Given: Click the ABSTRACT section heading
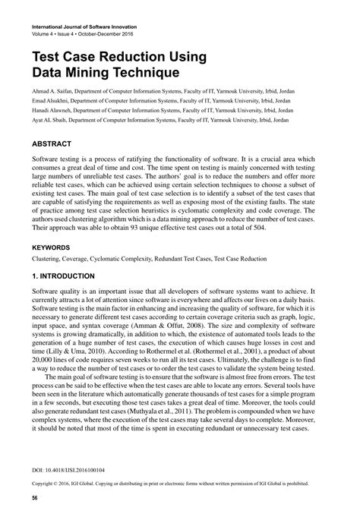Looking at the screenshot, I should pos(52,143).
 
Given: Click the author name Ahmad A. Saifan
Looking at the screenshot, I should pos(53,90).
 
